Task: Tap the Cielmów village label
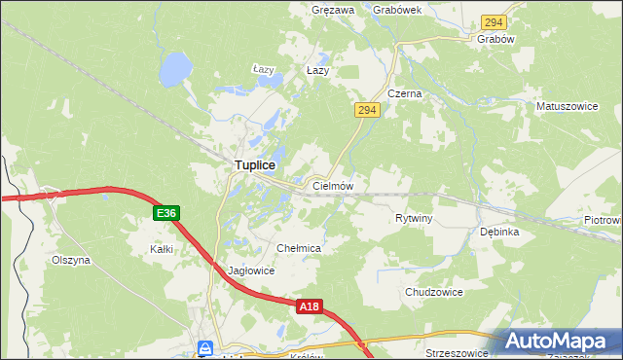[332, 185]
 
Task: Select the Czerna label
[404, 94]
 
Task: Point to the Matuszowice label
[566, 104]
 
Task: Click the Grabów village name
[495, 40]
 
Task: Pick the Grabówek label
[396, 10]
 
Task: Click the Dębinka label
[499, 233]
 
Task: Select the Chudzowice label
[433, 292]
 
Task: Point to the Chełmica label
[299, 249]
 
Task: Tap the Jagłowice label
[251, 271]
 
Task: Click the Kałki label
[161, 249]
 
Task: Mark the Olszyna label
[71, 260]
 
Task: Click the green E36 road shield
[165, 213]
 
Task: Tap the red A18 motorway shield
[309, 306]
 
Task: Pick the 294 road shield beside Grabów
[494, 21]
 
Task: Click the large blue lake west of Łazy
[173, 68]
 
